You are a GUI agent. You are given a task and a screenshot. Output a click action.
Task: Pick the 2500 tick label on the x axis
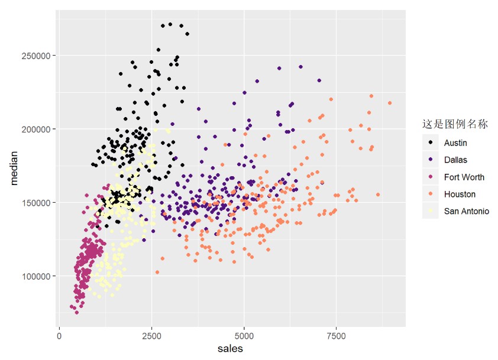[151, 336]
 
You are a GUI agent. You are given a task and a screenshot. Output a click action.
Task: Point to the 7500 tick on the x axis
[336, 336]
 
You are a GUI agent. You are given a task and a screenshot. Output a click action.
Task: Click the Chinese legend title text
[454, 124]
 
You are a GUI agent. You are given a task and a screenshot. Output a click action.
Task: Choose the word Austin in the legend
[455, 142]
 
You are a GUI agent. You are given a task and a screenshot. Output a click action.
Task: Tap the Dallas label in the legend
[455, 160]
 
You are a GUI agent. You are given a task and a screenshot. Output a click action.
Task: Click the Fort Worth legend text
[464, 177]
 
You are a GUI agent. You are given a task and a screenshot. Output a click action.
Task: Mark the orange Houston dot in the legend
[430, 194]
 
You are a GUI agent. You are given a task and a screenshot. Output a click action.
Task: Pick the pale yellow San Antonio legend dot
[430, 211]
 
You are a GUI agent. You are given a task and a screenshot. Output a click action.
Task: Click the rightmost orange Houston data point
[390, 103]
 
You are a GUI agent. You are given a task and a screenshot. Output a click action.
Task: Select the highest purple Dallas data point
[300, 67]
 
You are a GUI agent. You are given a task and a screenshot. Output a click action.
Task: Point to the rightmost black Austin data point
[187, 34]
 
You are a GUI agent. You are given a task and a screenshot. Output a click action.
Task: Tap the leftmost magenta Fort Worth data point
[72, 306]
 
